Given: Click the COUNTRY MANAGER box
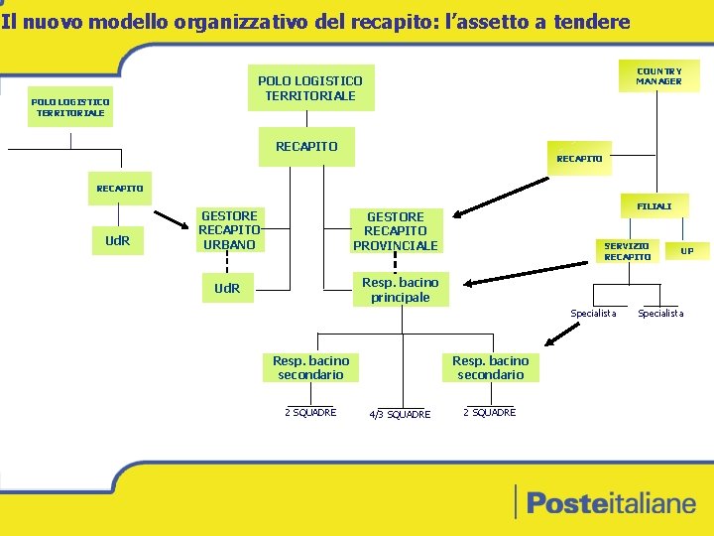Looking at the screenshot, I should click(659, 76).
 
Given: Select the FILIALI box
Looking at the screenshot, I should click(654, 206).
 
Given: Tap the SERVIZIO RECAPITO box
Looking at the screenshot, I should click(628, 251).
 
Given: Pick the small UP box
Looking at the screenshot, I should click(686, 251).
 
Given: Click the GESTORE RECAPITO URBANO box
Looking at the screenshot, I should click(229, 230).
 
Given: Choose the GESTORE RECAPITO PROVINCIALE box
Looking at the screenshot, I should click(395, 231).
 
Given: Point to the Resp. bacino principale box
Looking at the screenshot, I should click(400, 290).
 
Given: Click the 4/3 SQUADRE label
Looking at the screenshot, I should click(399, 415).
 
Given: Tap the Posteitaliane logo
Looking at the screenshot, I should click(610, 503).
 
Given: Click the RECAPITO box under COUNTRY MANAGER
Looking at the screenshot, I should click(579, 159).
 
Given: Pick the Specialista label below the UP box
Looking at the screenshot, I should click(660, 314).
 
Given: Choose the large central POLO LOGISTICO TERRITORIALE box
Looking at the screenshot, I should click(310, 88).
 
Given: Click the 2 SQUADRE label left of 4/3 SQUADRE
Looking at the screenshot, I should click(310, 413).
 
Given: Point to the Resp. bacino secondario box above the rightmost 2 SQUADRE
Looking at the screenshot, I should click(490, 367).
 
